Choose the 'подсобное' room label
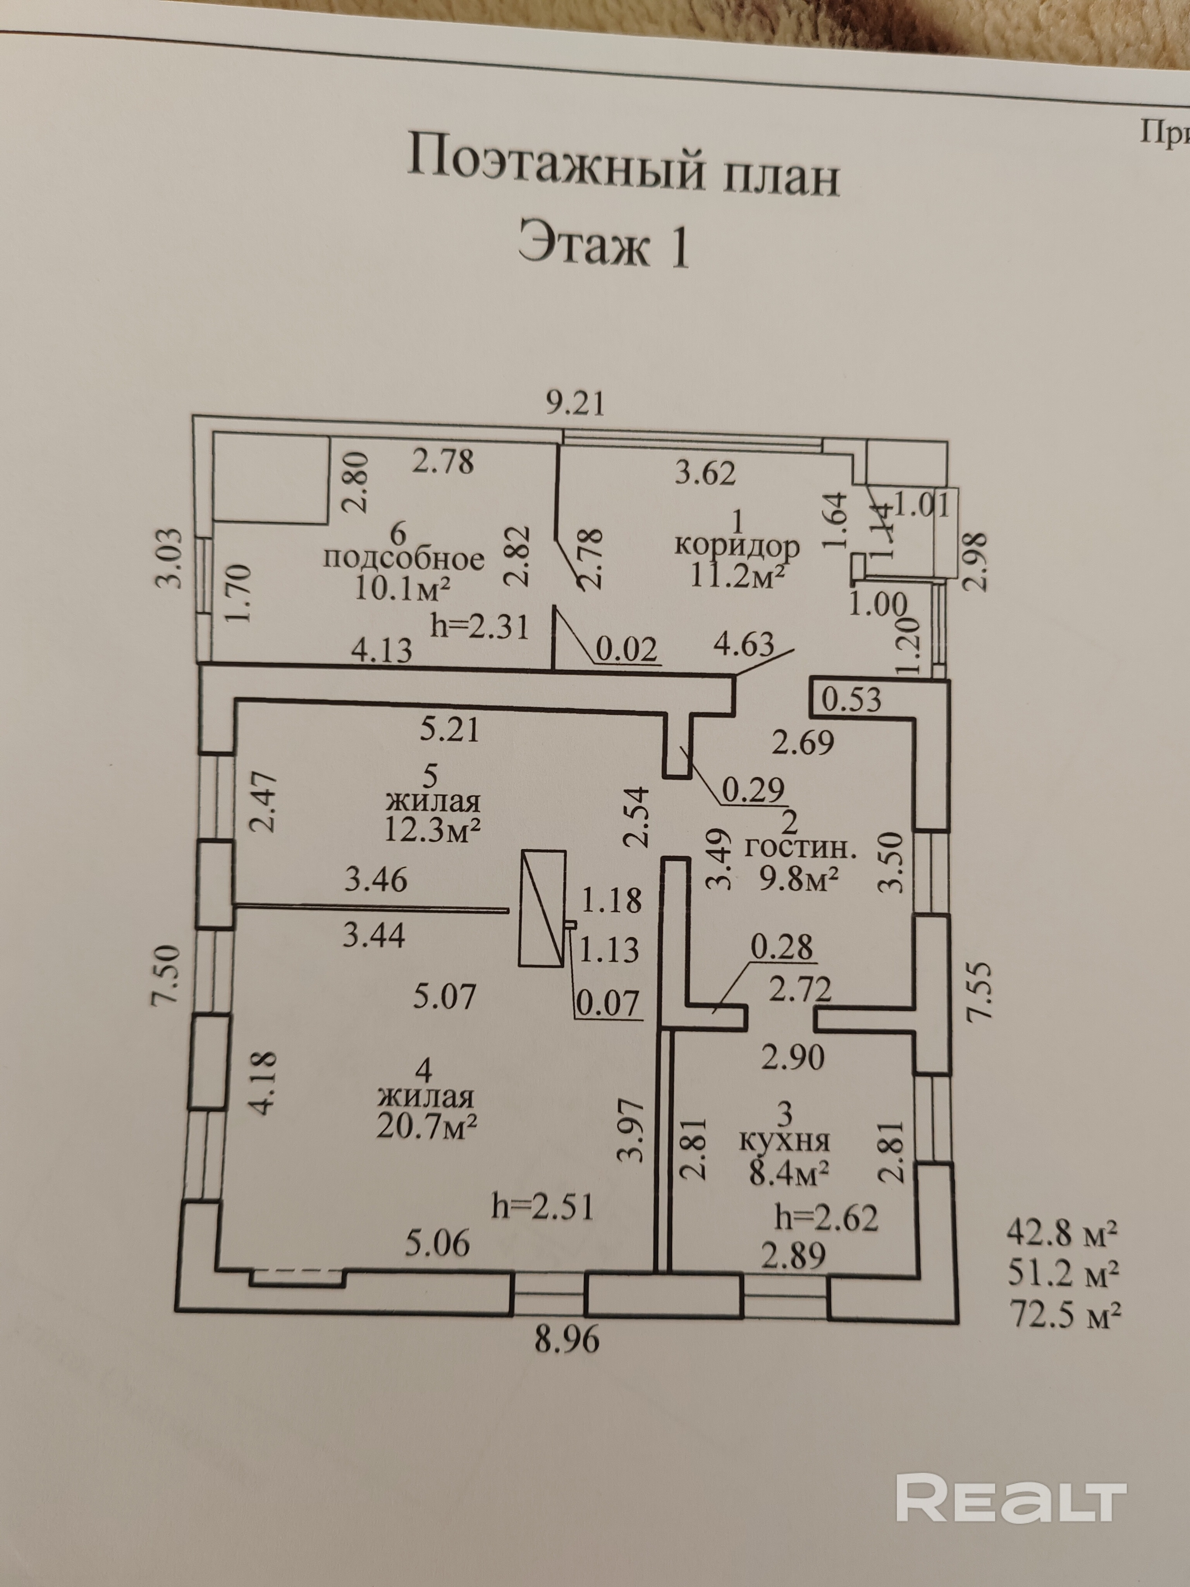404,558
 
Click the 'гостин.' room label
801,849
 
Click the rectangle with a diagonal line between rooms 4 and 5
542,907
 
